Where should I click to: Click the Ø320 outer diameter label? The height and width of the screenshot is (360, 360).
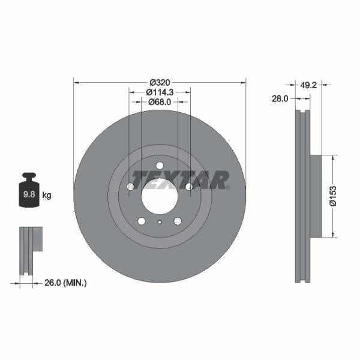coord(160,82)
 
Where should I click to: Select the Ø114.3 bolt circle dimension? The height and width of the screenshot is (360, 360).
coord(160,92)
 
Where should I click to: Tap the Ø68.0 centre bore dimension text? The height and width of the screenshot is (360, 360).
coord(160,102)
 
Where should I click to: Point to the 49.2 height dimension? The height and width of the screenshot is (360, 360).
coord(308,85)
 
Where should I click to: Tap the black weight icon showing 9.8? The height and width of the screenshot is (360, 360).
coord(28,191)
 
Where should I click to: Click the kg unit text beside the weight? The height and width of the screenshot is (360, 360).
coord(47,195)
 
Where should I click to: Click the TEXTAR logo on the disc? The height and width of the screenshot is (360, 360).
coord(180,179)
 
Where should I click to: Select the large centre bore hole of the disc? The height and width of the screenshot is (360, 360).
coord(160,195)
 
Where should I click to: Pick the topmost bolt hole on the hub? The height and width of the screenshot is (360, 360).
coord(160,166)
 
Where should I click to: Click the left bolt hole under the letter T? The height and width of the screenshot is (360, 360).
coord(130,187)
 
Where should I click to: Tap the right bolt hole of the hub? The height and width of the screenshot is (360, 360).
coord(189,187)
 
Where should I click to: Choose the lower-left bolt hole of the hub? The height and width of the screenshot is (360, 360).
coord(142,221)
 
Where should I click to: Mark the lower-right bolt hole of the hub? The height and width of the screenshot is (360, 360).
coord(178,221)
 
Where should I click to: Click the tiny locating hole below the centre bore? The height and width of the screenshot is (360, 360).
coord(160,223)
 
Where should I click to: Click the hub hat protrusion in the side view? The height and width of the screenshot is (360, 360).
coord(316,196)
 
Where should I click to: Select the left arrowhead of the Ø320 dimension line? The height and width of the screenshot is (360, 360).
coord(76,82)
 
